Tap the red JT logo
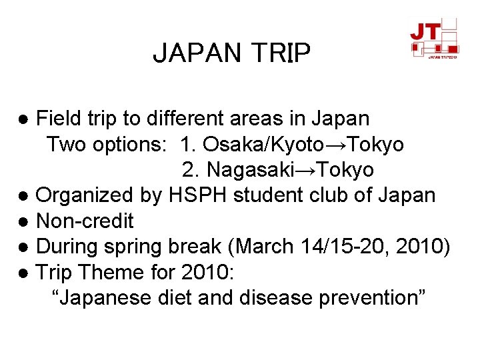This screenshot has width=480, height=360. [x=434, y=37]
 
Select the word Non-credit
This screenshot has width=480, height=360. [x=85, y=221]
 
